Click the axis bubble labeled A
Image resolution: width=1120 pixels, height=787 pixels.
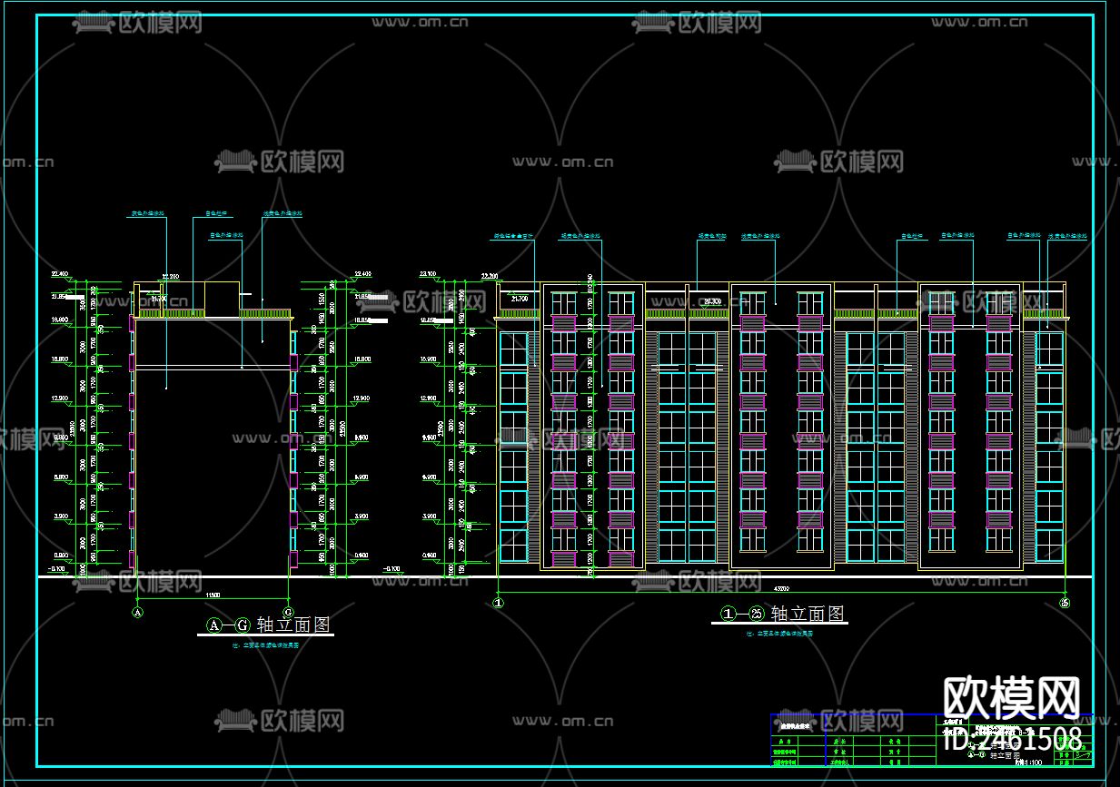pyautogui.click(x=138, y=612)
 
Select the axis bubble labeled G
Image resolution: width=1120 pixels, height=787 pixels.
pyautogui.click(x=288, y=612)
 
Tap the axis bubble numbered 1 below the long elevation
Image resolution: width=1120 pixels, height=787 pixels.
pyautogui.click(x=498, y=601)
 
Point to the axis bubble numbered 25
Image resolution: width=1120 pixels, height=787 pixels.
pyautogui.click(x=1065, y=601)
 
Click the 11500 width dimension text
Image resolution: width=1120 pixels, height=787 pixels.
pyautogui.click(x=213, y=595)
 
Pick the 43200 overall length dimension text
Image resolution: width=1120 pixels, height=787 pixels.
pyautogui.click(x=782, y=587)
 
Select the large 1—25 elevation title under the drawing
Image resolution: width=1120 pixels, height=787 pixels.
pyautogui.click(x=782, y=615)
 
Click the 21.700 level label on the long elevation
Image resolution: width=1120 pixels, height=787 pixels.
pyautogui.click(x=520, y=298)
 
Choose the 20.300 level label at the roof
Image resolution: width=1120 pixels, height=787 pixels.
pyautogui.click(x=711, y=300)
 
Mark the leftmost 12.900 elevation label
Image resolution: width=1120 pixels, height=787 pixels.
pyautogui.click(x=61, y=398)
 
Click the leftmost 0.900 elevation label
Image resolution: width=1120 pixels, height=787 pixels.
pyautogui.click(x=61, y=556)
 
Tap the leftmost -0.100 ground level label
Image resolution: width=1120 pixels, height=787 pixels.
pyautogui.click(x=57, y=569)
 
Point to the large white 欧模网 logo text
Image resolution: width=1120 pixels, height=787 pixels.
pyautogui.click(x=1012, y=699)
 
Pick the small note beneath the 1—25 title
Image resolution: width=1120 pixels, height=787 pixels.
pyautogui.click(x=780, y=634)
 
